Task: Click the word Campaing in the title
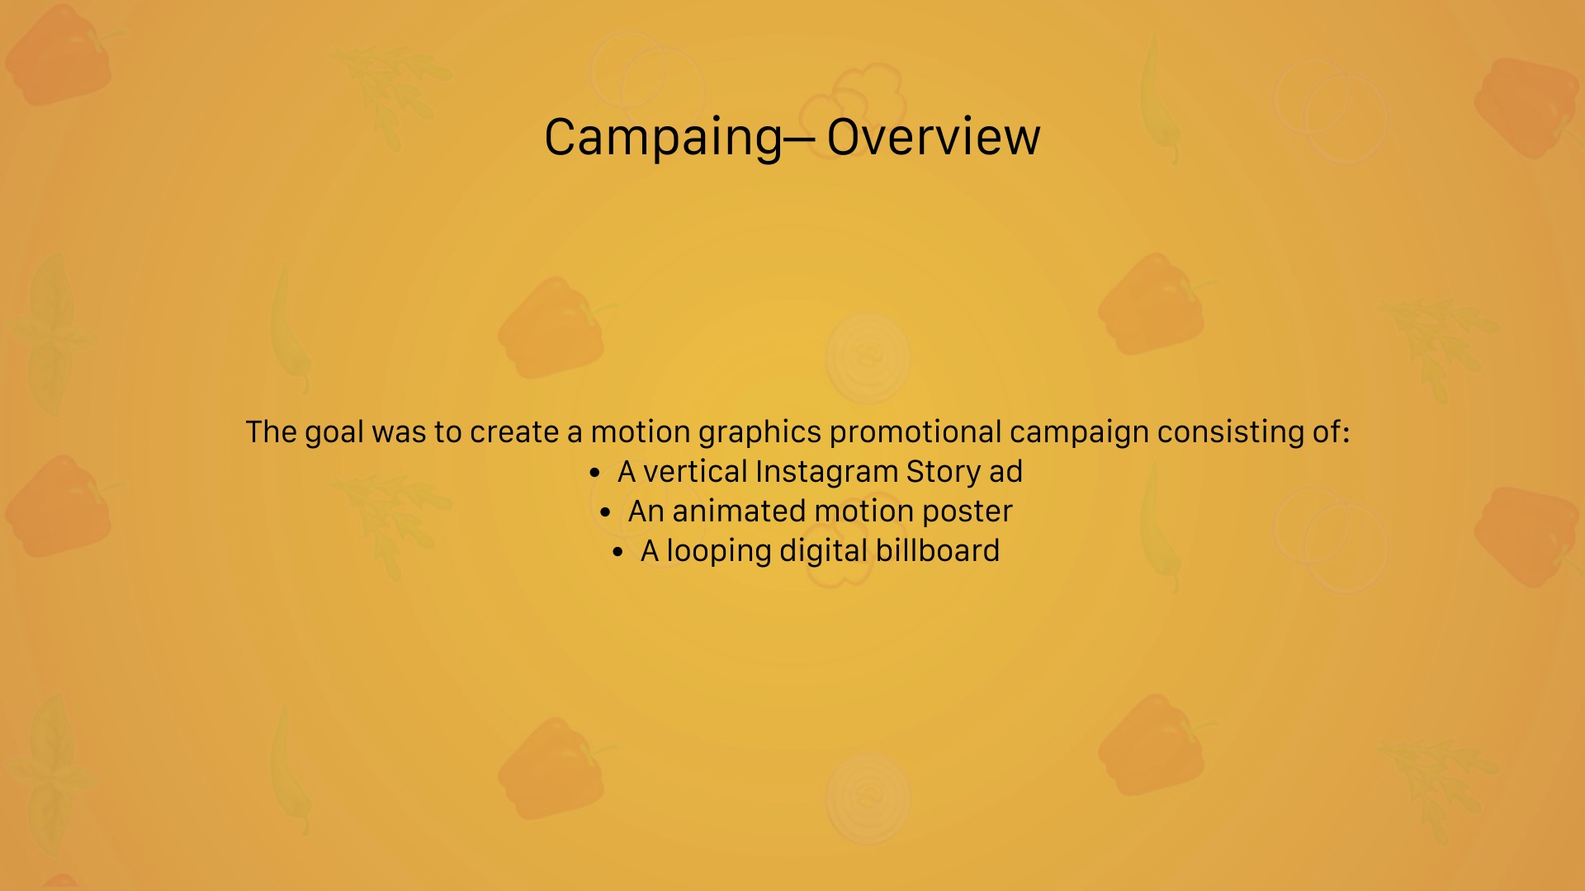pyautogui.click(x=662, y=137)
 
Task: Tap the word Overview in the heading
pyautogui.click(x=933, y=137)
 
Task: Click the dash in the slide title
pyautogui.click(x=799, y=138)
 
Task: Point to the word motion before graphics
pyautogui.click(x=640, y=432)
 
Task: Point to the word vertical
pyautogui.click(x=695, y=472)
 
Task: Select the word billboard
pyautogui.click(x=937, y=551)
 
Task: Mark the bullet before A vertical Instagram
pyautogui.click(x=595, y=474)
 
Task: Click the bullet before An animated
pyautogui.click(x=606, y=513)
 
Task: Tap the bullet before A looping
pyautogui.click(x=618, y=553)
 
